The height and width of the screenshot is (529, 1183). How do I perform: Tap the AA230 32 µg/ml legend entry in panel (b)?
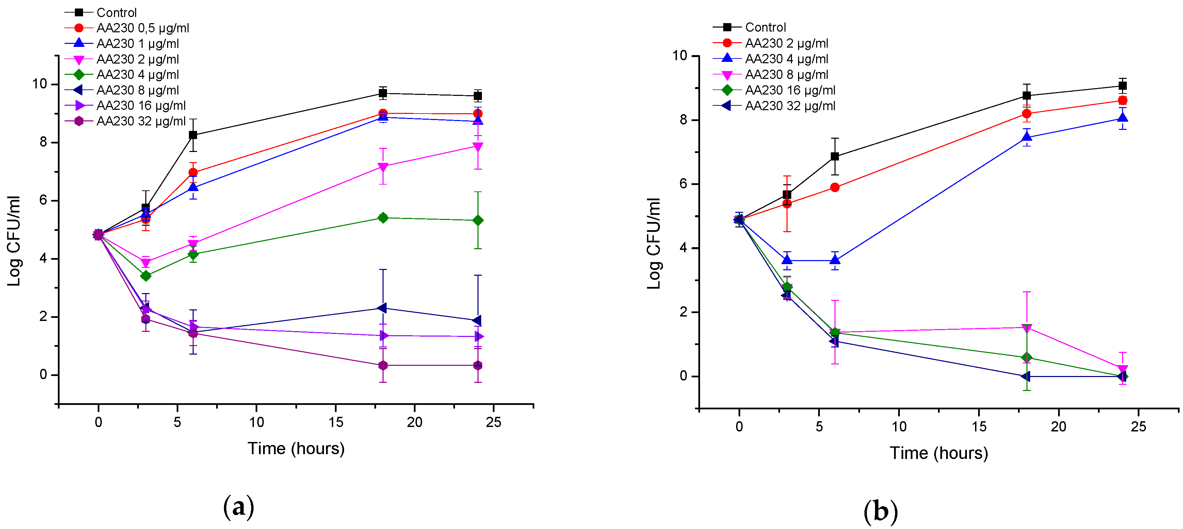[x=790, y=106]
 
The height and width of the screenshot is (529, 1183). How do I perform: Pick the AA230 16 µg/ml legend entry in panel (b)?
[x=790, y=90]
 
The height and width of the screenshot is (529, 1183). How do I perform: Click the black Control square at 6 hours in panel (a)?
[x=193, y=135]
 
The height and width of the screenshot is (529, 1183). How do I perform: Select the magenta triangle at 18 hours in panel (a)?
[x=383, y=167]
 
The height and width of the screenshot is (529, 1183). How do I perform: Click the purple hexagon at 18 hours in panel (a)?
[x=383, y=366]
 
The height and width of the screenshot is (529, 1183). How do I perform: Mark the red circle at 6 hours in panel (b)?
[x=835, y=188]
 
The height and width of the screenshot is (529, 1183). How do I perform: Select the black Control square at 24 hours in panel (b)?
[x=1122, y=86]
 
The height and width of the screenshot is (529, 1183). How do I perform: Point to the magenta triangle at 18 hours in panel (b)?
[x=1027, y=328]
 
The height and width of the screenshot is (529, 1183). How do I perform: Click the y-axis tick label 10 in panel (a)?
[x=39, y=84]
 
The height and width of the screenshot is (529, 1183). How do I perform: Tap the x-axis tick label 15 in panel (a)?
[x=336, y=423]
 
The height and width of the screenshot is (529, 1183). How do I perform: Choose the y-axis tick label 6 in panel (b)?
[x=683, y=184]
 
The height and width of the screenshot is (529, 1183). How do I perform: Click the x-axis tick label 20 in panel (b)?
[x=1058, y=427]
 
